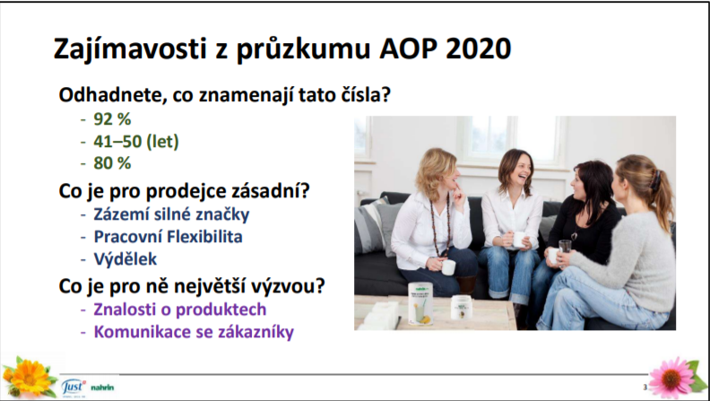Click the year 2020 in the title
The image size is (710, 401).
(478, 48)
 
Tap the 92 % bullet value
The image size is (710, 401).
(112, 119)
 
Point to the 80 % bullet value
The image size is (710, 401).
(112, 163)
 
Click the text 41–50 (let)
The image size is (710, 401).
(136, 142)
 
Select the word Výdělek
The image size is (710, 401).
(126, 258)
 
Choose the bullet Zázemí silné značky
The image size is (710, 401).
(171, 214)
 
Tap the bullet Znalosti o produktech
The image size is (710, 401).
(180, 309)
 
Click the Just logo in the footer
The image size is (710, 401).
(73, 387)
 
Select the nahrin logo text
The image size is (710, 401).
(102, 388)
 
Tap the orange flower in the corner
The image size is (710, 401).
(30, 377)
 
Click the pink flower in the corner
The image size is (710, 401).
(672, 379)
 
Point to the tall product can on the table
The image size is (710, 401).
(420, 302)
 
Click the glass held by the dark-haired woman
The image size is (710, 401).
(565, 248)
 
